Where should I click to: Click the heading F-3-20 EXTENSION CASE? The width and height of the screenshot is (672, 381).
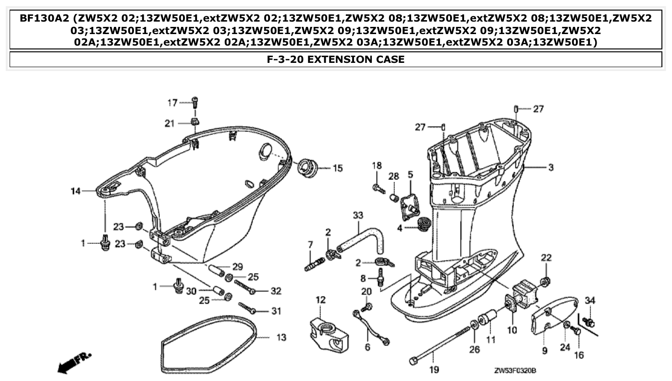[x=336, y=60]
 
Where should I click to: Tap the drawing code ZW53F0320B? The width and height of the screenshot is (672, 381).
[x=515, y=371]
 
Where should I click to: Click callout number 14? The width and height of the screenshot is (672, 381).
[x=75, y=191]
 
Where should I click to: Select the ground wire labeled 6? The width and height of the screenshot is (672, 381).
[x=371, y=327]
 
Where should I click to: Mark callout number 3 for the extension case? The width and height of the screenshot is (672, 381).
[x=551, y=167]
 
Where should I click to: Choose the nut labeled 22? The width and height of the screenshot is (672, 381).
[x=546, y=281]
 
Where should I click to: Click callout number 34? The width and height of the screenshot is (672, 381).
[x=590, y=300]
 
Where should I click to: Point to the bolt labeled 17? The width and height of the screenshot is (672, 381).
[x=195, y=102]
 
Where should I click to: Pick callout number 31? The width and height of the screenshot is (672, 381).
[x=276, y=311]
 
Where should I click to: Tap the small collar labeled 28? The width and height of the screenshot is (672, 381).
[x=393, y=197]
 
